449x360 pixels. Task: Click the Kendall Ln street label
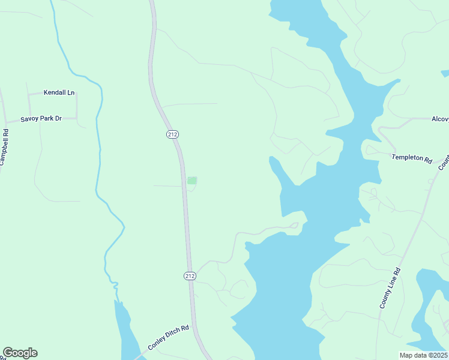click(x=59, y=93)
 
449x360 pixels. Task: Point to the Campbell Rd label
click(x=5, y=148)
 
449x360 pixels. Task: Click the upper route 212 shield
click(x=173, y=134)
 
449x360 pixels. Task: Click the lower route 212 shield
click(x=190, y=275)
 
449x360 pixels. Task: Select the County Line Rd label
click(x=390, y=288)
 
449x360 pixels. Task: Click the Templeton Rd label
click(x=412, y=158)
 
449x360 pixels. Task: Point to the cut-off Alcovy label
click(x=440, y=119)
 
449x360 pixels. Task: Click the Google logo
click(x=20, y=353)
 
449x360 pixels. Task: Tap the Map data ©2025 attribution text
click(x=423, y=355)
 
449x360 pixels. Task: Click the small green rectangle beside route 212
click(x=192, y=181)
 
